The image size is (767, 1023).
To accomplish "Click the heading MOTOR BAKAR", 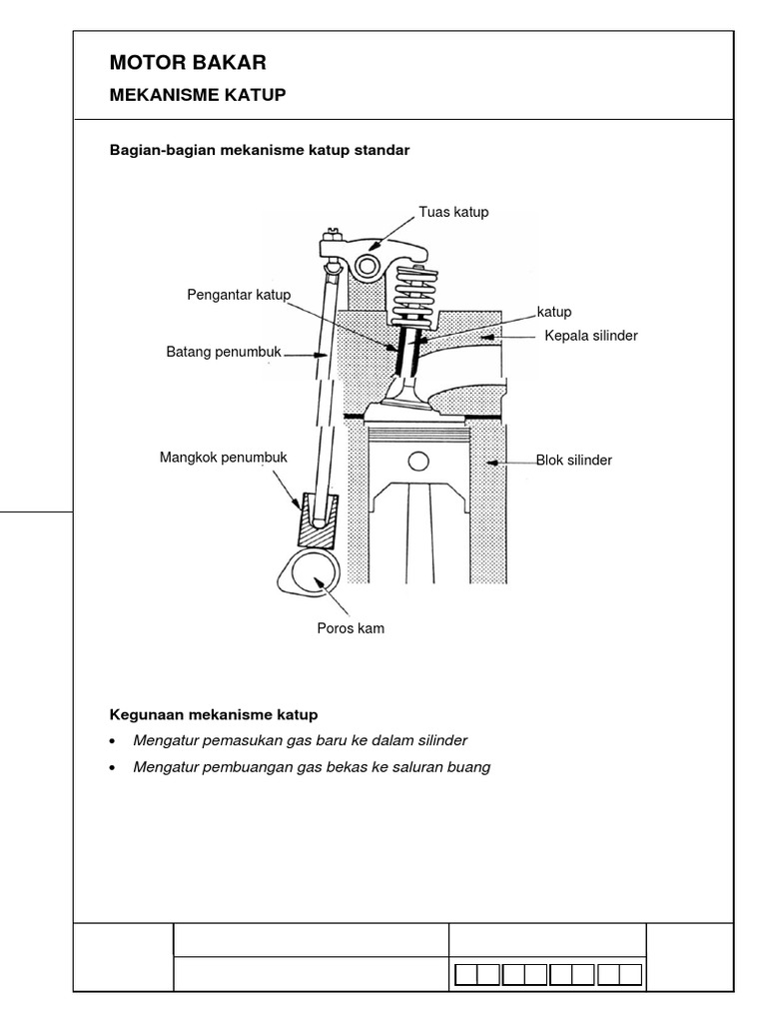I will point(188,63).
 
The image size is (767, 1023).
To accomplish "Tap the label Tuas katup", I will point(453,212).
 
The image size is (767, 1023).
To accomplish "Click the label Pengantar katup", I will point(238,294).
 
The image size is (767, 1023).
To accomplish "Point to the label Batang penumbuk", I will point(225,352).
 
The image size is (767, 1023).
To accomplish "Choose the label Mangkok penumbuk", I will point(223,458).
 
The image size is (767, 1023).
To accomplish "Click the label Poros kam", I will point(350,628).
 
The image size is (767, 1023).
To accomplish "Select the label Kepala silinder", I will point(590,336).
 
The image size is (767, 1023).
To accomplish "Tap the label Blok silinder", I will point(573,461).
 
